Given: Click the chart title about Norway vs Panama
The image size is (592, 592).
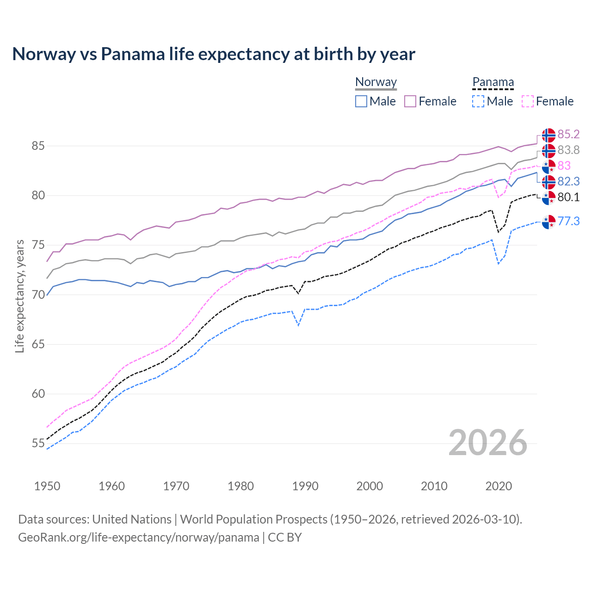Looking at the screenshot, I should coord(214,54).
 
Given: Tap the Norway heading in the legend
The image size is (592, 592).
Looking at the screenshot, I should coord(376,82).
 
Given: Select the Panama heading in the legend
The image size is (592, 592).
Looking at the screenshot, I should coord(493,82).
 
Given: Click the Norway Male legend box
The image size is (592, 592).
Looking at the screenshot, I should coord(361,101).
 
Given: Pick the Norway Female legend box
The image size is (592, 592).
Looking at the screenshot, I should coord(410,101).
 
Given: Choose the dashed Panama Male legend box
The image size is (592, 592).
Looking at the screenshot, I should coord(478,101).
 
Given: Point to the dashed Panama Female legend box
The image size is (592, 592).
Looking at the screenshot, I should coord(527,101).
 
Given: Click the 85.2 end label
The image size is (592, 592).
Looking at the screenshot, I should coord(568,135).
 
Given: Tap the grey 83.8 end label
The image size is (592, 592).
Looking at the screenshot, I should coord(568,150).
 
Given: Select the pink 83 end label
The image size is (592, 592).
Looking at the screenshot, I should coord(564,166).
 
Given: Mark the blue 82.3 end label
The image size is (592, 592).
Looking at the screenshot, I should coord(568,182).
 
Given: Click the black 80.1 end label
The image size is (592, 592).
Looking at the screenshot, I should coord(568,197).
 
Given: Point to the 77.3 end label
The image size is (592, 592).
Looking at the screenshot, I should coord(568,222).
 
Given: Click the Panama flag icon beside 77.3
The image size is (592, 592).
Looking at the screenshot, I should coord(549,222).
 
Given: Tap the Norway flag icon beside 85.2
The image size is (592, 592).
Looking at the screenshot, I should coord(549,135).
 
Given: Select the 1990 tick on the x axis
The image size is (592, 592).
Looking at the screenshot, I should coord(305,486).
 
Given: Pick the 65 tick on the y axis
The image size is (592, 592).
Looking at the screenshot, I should coord(38,345).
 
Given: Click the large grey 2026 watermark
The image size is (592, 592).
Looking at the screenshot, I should coord(487,443).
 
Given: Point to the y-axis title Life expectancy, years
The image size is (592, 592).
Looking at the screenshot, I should coord(20,296).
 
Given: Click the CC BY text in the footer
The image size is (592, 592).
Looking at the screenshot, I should coord(285,537).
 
